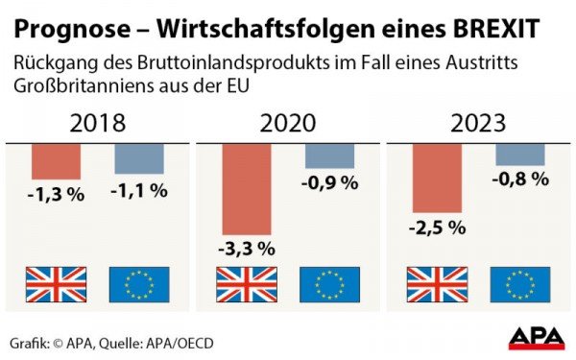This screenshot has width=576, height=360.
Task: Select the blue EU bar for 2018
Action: click(139, 159)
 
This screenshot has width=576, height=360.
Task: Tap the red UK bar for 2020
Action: click(247, 190)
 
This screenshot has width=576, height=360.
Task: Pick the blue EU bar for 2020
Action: click(329, 156)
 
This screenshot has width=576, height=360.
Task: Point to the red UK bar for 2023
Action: click(438, 179)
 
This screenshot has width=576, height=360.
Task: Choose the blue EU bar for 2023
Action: click(520, 155)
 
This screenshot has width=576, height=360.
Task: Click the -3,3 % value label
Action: click(247, 248)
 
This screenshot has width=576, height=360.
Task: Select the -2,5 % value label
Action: click(438, 228)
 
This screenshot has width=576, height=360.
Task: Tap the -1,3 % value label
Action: click(56, 194)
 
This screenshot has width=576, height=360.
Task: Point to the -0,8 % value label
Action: click(520, 179)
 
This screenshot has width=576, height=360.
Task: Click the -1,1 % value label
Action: click(139, 190)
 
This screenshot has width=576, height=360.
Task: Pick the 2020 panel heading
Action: click(287, 124)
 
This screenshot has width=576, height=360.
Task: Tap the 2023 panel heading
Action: click(478, 124)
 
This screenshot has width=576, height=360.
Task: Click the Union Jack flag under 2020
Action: click(247, 285)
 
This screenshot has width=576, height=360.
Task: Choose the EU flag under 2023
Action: click(520, 285)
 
